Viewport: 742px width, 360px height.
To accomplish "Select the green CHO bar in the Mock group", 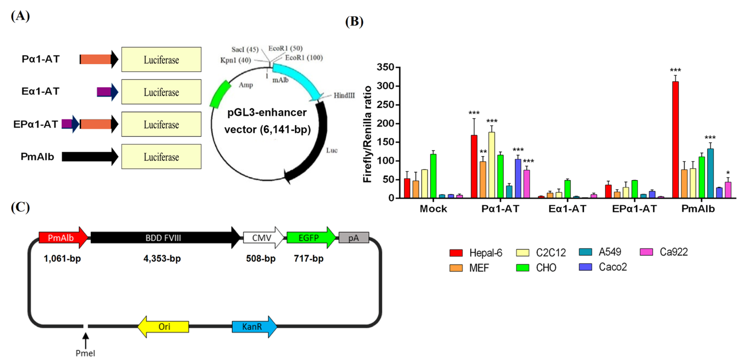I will (433, 176).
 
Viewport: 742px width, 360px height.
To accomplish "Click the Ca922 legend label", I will (673, 252).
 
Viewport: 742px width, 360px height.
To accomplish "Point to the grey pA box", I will (354, 238).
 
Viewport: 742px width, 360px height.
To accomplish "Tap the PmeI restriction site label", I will (85, 353).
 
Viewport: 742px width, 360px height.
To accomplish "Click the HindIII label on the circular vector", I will (344, 95).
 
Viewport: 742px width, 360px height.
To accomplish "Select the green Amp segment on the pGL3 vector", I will (220, 94).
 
